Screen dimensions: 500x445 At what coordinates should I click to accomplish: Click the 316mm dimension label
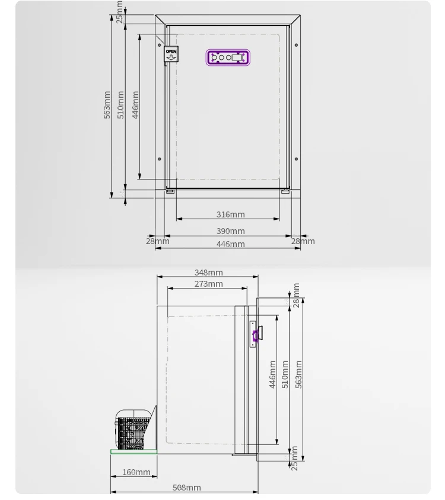230,214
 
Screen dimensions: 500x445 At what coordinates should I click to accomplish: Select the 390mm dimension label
230,231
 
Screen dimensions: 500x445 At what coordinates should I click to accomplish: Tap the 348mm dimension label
208,273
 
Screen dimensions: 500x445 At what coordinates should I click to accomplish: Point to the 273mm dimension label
208,284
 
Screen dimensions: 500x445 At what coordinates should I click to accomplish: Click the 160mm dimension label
136,472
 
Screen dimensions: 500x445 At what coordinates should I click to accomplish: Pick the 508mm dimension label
186,488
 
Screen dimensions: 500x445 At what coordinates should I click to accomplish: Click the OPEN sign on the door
171,55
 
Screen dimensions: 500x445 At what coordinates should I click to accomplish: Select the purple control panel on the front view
228,57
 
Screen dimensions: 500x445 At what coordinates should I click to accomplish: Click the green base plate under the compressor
133,451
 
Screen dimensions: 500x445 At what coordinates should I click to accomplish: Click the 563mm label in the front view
107,104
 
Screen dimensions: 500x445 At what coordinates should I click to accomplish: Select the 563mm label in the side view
298,374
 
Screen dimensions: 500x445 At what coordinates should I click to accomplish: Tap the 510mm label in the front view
121,104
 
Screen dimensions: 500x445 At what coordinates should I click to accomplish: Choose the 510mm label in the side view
285,374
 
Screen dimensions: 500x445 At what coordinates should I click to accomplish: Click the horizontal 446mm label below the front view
230,244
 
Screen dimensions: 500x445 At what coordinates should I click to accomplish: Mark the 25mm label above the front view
119,11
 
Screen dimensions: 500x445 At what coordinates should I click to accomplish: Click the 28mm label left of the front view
158,241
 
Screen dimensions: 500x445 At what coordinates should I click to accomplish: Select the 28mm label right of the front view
303,241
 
